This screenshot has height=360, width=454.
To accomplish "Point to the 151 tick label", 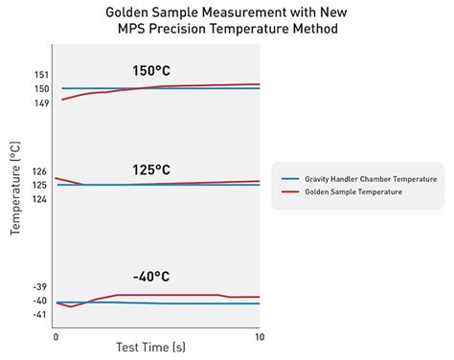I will [40, 74].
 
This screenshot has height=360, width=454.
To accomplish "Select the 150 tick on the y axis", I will [40, 89].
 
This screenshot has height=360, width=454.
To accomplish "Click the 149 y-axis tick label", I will [40, 103].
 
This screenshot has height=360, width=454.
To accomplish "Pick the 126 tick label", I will [40, 171].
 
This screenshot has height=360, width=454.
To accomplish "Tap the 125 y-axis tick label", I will [40, 185].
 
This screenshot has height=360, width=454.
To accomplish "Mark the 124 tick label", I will [40, 199].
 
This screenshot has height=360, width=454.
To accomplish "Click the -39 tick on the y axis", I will [39, 287].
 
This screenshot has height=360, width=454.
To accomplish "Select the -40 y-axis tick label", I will [39, 301].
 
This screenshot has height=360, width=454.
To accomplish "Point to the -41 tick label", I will [39, 315].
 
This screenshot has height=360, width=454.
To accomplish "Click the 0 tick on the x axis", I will [57, 337].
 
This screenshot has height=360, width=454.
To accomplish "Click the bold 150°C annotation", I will [154, 71].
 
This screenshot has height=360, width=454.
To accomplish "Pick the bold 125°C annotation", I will [154, 170].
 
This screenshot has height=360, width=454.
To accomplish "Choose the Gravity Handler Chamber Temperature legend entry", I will [370, 179].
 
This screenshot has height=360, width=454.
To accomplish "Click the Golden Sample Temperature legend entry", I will [352, 192].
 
